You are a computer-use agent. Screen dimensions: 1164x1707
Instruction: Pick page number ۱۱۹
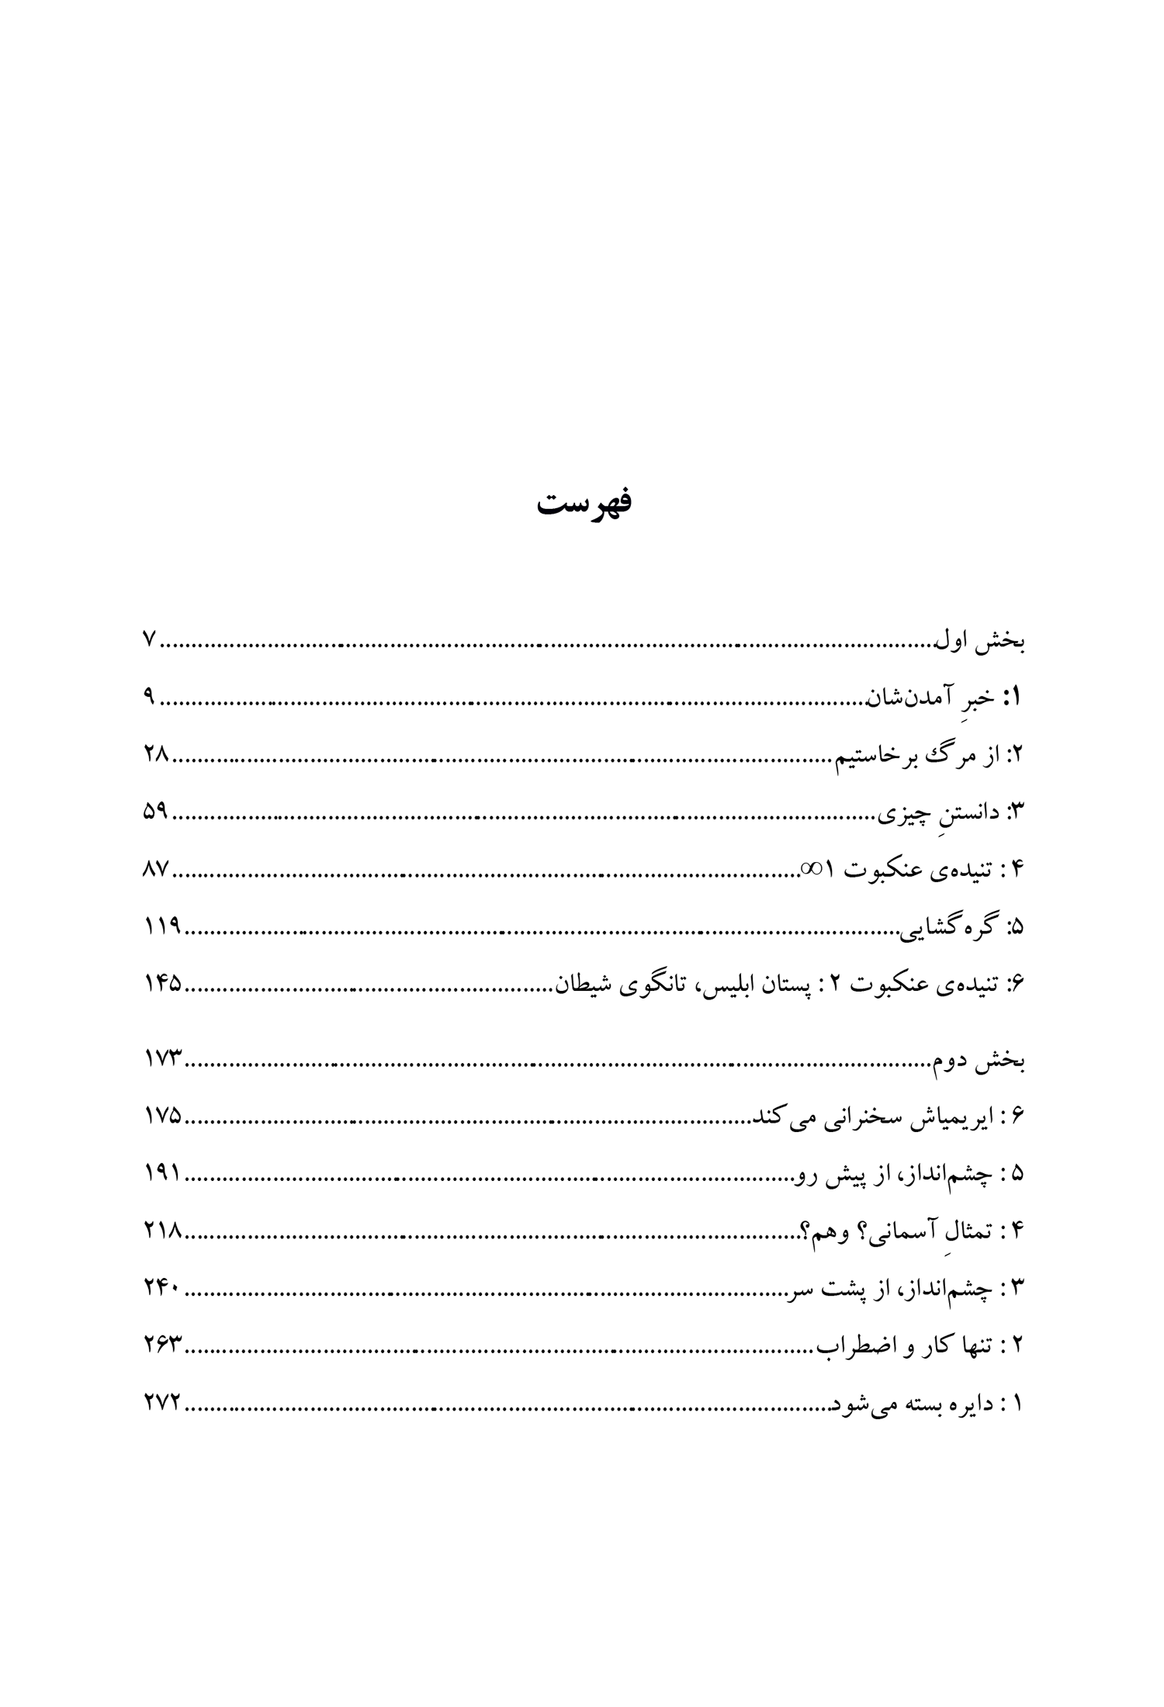162,926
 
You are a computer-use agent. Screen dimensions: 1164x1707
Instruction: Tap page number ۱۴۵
162,984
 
